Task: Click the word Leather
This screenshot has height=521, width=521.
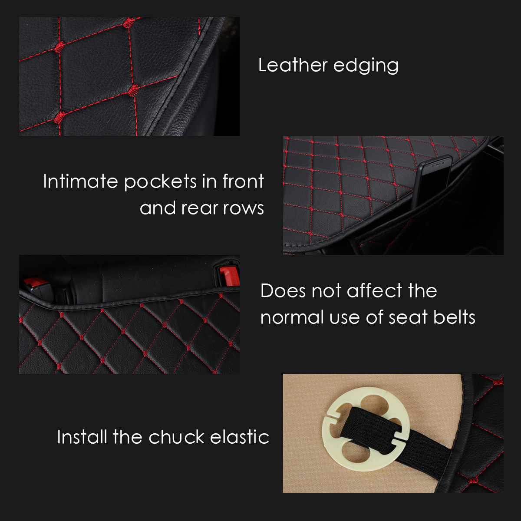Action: [x=293, y=65]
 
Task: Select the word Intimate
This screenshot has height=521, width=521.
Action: [x=81, y=181]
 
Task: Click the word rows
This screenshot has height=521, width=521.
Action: [x=244, y=208]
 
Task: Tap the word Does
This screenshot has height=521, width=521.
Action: [x=283, y=291]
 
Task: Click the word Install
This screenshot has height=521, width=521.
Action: [x=82, y=437]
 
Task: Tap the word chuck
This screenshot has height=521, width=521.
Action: [x=176, y=437]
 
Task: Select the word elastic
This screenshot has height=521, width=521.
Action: [x=240, y=437]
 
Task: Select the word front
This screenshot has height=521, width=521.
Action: [x=243, y=181]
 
